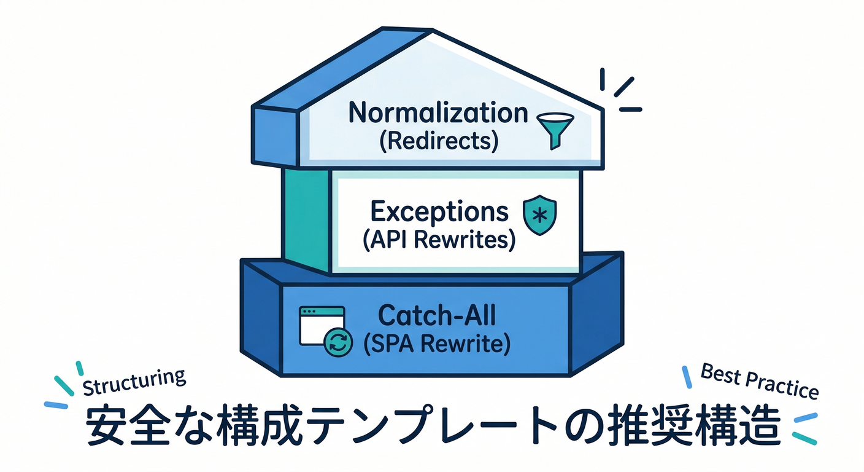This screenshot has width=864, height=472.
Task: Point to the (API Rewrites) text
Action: coord(439,240)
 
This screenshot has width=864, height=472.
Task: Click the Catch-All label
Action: coord(436,316)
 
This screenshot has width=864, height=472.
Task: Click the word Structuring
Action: coord(134,382)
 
